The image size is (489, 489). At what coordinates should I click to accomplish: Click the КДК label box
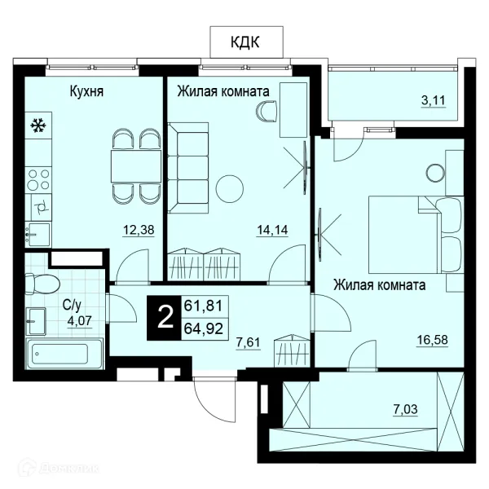[x=246, y=42]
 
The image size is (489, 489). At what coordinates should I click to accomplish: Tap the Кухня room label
[x=86, y=91]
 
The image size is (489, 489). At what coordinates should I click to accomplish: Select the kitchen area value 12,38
[x=139, y=230]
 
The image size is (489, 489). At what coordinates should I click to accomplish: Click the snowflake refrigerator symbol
[x=38, y=126]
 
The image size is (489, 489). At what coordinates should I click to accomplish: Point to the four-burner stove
[x=38, y=179]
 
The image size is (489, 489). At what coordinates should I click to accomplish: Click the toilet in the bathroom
[x=42, y=284]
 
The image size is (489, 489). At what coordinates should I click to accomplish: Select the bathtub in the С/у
[x=64, y=354]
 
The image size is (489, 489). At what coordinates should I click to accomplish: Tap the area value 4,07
[x=80, y=320]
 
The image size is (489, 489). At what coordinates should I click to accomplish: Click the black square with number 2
[x=164, y=318]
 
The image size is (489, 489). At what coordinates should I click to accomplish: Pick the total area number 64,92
[x=204, y=328]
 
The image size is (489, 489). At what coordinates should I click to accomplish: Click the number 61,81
[x=204, y=306]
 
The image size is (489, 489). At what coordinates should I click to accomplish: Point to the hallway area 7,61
[x=248, y=342]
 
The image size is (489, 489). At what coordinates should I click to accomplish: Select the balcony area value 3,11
[x=434, y=101]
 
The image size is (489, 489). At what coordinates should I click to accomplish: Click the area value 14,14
[x=272, y=230]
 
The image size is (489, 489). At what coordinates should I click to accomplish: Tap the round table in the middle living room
[x=230, y=188]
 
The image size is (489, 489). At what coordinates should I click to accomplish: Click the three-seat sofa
[x=188, y=168]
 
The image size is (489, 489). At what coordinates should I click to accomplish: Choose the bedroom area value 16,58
[x=433, y=340]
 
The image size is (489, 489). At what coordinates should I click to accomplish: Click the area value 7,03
[x=405, y=409]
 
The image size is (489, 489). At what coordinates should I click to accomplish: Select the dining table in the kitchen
[x=136, y=166]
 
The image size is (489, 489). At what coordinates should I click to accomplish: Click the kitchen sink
[x=37, y=234]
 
